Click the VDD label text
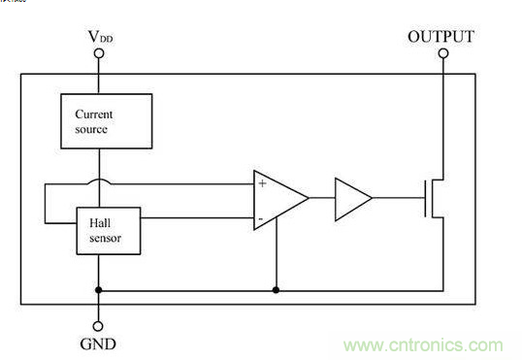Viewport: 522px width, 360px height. pyautogui.click(x=100, y=36)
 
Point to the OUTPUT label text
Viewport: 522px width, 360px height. pyautogui.click(x=440, y=36)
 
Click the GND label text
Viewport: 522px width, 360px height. pyautogui.click(x=98, y=344)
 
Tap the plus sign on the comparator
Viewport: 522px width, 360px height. pyautogui.click(x=263, y=183)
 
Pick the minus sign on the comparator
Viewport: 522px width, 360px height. pyautogui.click(x=261, y=218)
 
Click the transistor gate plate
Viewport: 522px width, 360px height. pyautogui.click(x=425, y=199)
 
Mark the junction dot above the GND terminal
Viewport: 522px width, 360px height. pyautogui.click(x=99, y=290)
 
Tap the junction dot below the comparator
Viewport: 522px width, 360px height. pyautogui.click(x=276, y=290)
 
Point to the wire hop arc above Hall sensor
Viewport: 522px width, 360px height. pyautogui.click(x=99, y=180)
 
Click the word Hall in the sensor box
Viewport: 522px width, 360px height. pyautogui.click(x=100, y=223)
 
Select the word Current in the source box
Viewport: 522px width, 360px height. pyautogui.click(x=94, y=115)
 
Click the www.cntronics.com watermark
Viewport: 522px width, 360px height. pyautogui.click(x=423, y=345)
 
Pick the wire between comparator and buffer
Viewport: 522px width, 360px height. pyautogui.click(x=322, y=198)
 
